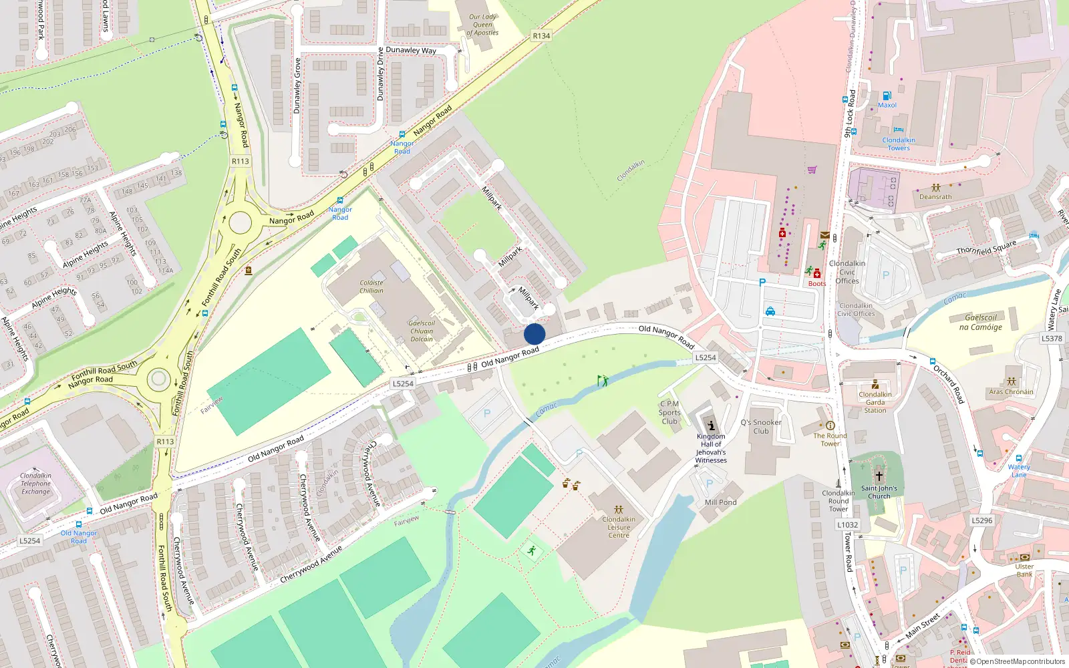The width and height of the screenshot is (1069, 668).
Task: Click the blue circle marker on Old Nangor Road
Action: (534, 334)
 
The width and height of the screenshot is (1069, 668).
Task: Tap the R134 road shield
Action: (541, 36)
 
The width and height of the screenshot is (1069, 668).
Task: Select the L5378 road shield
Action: (1052, 339)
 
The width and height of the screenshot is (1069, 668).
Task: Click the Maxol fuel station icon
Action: (887, 96)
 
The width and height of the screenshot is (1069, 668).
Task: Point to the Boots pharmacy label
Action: (816, 284)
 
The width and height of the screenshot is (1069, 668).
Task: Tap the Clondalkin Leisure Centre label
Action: (619, 527)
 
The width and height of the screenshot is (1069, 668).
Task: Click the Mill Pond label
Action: (721, 502)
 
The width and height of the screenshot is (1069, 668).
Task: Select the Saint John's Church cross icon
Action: (879, 476)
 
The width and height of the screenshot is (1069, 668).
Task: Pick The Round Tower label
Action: (830, 440)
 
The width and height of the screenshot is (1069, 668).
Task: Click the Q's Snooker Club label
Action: (761, 427)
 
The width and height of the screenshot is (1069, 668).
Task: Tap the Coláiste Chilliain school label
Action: (371, 287)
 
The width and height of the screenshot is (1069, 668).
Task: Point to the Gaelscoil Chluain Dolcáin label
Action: (422, 331)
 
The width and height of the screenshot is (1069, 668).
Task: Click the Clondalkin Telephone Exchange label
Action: (35, 484)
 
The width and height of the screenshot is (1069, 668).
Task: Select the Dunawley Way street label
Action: (411, 50)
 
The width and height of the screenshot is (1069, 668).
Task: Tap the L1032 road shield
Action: (848, 525)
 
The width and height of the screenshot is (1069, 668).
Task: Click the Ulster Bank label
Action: (1024, 570)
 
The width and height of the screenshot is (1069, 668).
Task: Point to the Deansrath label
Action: (935, 197)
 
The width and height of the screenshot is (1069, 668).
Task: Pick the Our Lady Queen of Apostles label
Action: (482, 25)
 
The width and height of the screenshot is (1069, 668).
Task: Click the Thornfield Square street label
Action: (985, 248)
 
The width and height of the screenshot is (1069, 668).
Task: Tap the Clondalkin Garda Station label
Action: (875, 402)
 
